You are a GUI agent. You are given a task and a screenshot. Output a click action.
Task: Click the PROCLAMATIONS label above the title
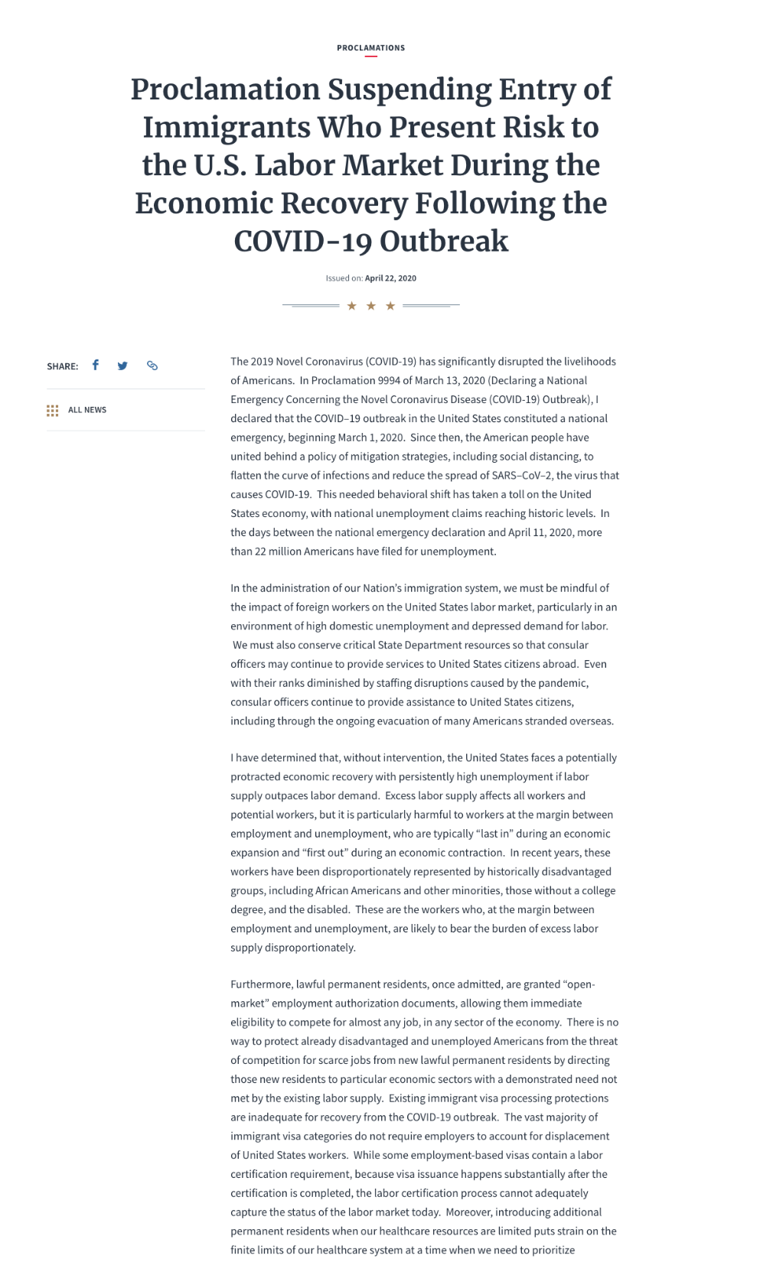click(370, 48)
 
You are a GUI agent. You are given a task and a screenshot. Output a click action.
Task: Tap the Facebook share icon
click(96, 365)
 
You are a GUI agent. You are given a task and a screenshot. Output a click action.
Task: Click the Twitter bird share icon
click(122, 366)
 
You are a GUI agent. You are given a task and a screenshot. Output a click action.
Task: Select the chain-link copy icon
click(152, 366)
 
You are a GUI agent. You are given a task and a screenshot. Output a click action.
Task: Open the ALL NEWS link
click(87, 410)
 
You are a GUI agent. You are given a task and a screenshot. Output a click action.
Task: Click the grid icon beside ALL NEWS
click(52, 411)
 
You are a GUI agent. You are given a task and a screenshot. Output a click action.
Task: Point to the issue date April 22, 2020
click(390, 278)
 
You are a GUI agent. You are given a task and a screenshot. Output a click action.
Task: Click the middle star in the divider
click(371, 306)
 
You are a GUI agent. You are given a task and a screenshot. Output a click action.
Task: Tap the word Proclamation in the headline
click(226, 89)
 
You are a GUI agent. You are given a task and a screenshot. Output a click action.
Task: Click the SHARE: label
click(62, 366)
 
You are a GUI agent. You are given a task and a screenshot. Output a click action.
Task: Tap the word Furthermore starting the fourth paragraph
click(261, 984)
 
